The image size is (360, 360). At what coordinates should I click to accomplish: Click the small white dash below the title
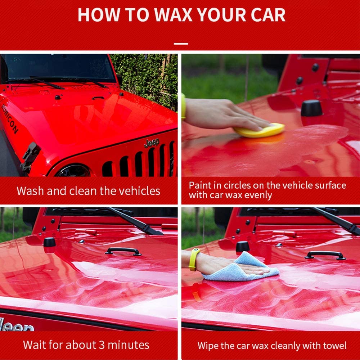pyautogui.click(x=181, y=44)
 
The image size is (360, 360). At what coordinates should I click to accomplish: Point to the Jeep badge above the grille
pyautogui.click(x=151, y=143)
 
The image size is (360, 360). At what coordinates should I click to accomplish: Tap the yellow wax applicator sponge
pyautogui.click(x=259, y=130)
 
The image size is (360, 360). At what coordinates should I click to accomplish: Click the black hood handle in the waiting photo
pyautogui.click(x=123, y=251)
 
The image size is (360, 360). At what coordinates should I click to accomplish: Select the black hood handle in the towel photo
pyautogui.click(x=325, y=255)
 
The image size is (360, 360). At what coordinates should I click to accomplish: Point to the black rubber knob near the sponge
pyautogui.click(x=311, y=108)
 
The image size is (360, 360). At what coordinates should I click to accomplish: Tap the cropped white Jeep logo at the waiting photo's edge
pyautogui.click(x=16, y=325)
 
